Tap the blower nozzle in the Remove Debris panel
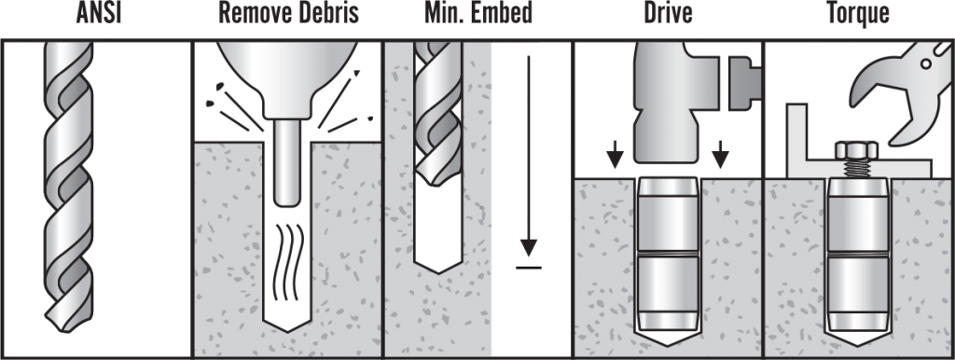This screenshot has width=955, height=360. point(286,168)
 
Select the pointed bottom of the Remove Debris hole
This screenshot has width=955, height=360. point(286,326)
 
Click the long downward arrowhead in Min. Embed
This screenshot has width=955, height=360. point(529,248)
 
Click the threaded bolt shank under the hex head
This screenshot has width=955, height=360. point(855,169)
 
